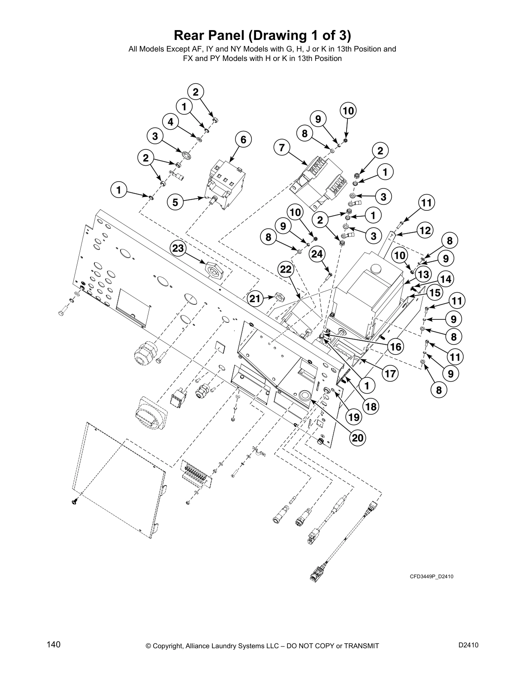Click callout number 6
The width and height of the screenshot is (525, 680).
[x=243, y=140]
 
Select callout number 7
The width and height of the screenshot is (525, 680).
[x=281, y=148]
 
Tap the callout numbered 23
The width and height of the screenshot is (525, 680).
[x=178, y=248]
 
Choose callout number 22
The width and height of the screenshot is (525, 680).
[x=286, y=270]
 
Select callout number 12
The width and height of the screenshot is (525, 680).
[x=425, y=231]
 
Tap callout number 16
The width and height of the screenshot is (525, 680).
[x=396, y=346]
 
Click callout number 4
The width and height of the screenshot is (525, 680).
[x=171, y=122]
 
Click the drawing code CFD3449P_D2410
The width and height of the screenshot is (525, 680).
[x=431, y=577]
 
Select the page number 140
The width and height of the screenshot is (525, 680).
[x=54, y=644]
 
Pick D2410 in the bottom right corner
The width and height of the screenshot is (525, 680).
[x=468, y=645]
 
